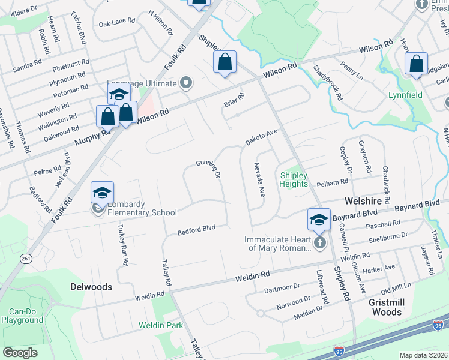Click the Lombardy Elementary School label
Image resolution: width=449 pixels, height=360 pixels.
142,208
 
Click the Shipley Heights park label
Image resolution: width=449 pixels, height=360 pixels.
294,179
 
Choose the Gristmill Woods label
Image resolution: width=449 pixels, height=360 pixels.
387,308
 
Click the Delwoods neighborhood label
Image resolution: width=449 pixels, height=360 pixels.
91,287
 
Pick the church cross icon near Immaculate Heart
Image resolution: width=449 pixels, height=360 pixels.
319,243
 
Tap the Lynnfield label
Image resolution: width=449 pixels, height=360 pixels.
405,95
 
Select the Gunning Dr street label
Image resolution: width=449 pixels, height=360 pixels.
208,168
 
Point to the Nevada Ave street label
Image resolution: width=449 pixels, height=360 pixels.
259,179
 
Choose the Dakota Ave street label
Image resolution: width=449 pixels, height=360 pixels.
261,137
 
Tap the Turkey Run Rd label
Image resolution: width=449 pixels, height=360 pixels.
122,245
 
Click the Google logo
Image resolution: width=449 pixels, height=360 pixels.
20,353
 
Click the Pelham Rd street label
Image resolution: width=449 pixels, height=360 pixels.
336,181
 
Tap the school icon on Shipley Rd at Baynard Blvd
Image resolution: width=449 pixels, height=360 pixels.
319,220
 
